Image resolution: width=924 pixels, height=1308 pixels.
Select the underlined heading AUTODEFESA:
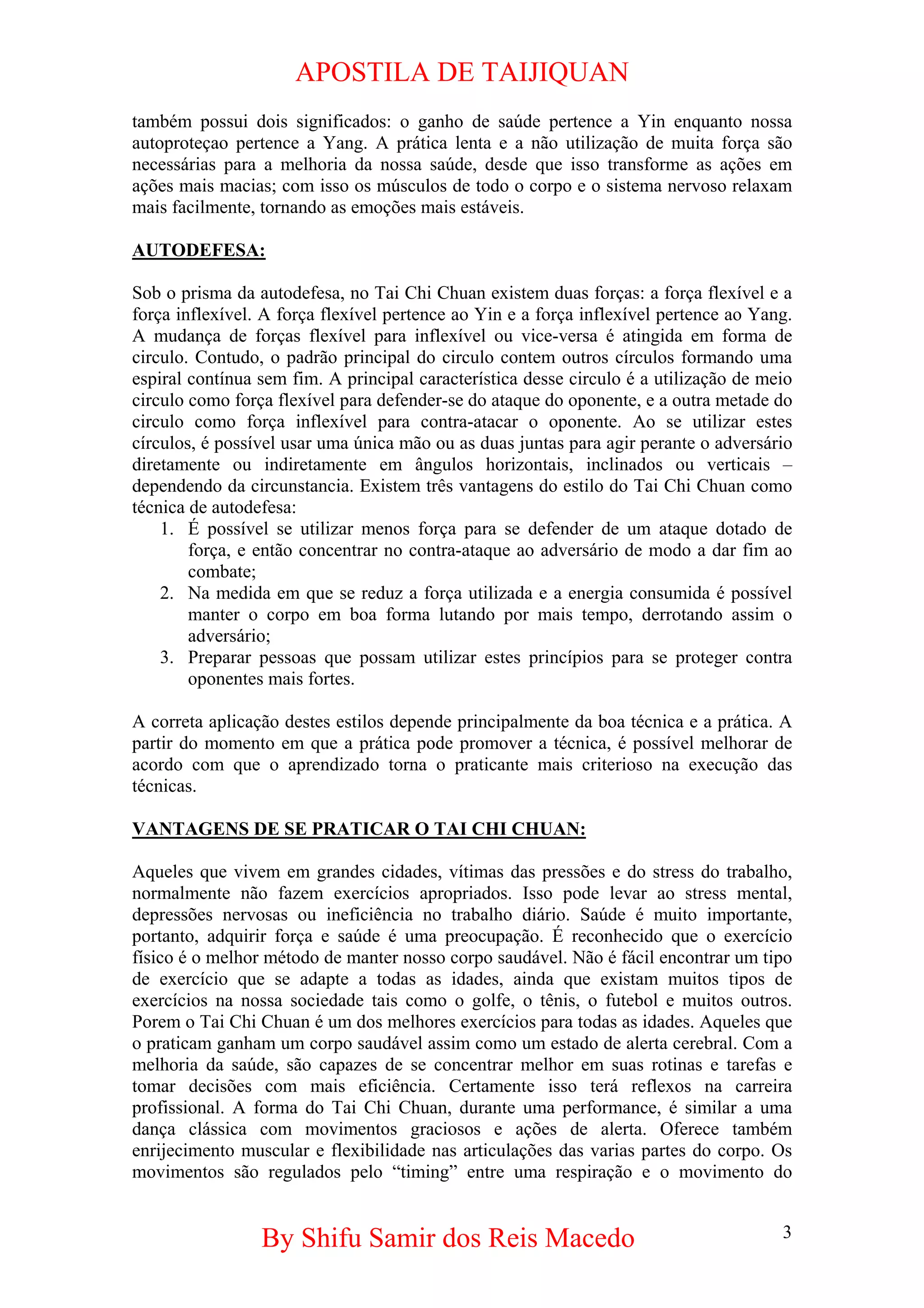point(199,251)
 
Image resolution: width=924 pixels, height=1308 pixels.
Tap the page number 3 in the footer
point(787,1232)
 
